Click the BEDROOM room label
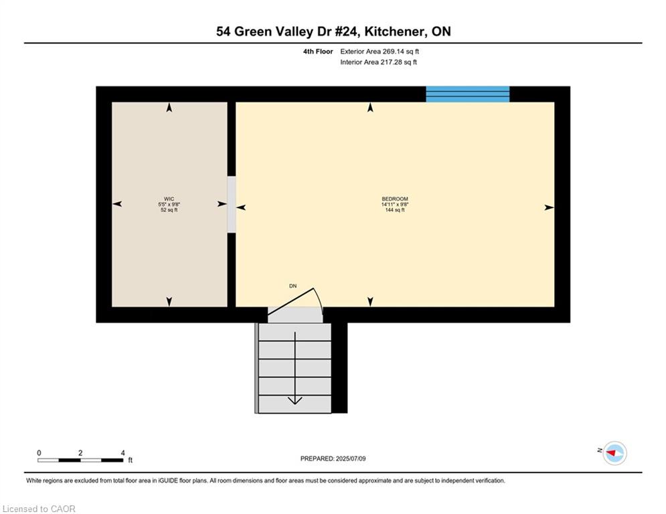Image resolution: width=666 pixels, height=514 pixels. click(x=395, y=199)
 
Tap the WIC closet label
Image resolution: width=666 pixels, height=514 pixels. click(x=169, y=199)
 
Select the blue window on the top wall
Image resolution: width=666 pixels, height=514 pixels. click(x=468, y=94)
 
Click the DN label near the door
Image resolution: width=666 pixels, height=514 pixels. click(x=293, y=286)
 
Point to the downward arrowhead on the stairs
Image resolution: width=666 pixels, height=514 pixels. click(x=295, y=401)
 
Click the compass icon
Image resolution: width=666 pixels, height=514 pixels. click(x=614, y=453)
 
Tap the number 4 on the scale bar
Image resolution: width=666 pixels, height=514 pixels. click(x=122, y=453)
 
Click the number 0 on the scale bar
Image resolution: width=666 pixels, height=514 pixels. click(x=39, y=453)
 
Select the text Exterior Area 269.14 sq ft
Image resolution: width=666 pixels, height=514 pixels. click(x=380, y=52)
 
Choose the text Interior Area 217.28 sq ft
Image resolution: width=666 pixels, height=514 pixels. click(x=378, y=62)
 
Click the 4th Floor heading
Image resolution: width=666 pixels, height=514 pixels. click(x=318, y=52)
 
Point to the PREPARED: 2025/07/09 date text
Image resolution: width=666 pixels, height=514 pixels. click(x=333, y=458)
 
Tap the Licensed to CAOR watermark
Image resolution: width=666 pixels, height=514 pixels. click(x=39, y=509)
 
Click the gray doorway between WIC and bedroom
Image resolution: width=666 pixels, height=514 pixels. click(x=232, y=204)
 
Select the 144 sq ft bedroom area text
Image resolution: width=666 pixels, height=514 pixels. click(x=395, y=210)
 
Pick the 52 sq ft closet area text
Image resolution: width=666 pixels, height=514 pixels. click(x=169, y=210)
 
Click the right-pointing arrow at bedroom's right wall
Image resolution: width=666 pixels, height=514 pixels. click(x=549, y=207)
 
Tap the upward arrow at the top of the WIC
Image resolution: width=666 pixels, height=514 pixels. click(x=169, y=108)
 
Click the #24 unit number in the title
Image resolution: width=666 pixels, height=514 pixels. click(x=347, y=31)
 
